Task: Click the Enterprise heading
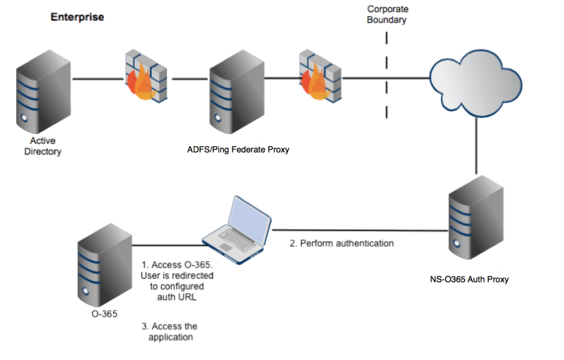coord(77,17)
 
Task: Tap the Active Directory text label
coord(42,146)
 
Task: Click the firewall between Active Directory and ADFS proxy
coord(147,78)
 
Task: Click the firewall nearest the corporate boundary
coord(319,78)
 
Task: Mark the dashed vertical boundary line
coord(386,74)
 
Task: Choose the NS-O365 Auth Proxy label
coord(469,279)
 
